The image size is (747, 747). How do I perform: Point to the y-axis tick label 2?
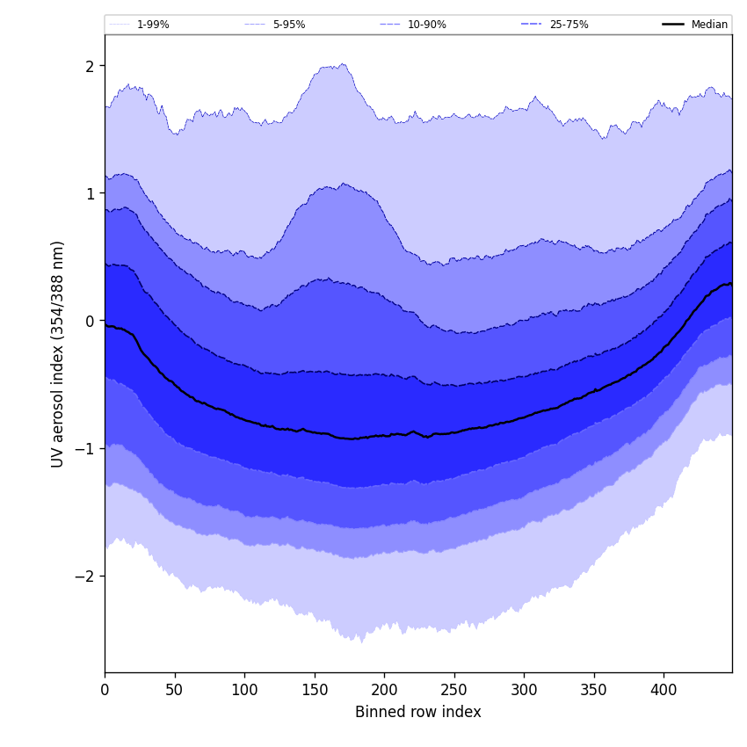[90, 66]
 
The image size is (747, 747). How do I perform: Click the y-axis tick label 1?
[90, 193]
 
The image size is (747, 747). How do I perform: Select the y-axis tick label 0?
[90, 321]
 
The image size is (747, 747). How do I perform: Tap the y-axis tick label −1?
[85, 448]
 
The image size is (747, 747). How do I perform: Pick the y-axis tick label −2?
[85, 577]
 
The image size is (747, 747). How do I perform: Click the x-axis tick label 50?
[175, 690]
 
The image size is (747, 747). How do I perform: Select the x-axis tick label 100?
[244, 690]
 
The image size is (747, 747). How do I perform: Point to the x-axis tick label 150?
[315, 690]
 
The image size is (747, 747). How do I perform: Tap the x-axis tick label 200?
[384, 690]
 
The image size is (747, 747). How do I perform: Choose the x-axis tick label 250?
[454, 690]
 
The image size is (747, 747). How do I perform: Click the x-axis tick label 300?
[524, 690]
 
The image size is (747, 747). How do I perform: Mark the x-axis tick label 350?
[594, 690]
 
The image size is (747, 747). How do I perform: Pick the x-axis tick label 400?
[664, 690]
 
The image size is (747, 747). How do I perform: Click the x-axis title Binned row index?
[418, 712]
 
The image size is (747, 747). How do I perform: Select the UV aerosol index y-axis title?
[58, 354]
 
